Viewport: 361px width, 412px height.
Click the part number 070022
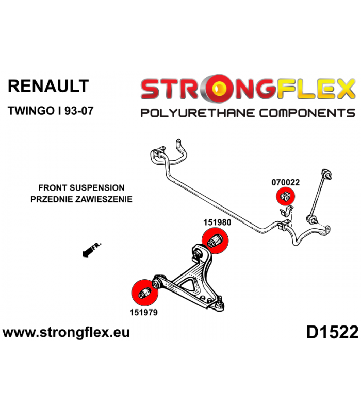pos(286,182)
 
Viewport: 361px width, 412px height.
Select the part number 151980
pos(217,222)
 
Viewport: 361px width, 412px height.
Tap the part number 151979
pos(143,312)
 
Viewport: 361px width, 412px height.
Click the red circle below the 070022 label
pos(286,197)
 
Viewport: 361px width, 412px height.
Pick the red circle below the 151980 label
pos(215,241)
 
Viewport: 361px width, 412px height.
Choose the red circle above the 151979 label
pos(144,293)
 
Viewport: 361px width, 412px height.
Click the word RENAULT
pos(48,86)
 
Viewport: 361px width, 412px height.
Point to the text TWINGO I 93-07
pos(51,111)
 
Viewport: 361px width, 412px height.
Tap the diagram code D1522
pos(332,332)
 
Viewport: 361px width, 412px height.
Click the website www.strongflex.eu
pos(66,332)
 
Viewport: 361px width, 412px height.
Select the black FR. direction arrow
pos(91,250)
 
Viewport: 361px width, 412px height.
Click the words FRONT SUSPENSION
pos(81,188)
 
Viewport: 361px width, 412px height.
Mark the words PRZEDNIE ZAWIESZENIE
pos(81,199)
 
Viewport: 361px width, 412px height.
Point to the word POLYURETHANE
pos(198,113)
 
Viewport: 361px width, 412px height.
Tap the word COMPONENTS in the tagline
pos(307,113)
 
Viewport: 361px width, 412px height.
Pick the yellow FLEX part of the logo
pos(316,89)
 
